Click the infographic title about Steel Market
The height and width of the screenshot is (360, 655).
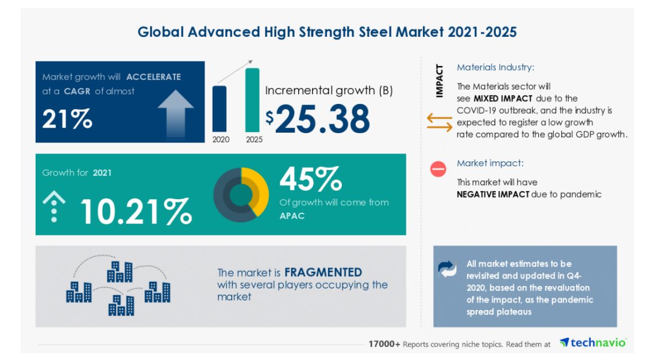327,32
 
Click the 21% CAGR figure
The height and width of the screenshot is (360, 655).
67,119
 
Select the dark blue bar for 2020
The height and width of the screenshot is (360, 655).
219,109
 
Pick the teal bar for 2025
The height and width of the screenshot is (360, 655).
252,100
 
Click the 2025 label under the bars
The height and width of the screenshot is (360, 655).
254,139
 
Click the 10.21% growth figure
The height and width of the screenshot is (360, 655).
136,211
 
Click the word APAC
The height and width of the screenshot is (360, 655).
292,216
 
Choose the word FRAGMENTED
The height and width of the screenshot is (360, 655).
323,272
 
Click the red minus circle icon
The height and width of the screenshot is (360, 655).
438,169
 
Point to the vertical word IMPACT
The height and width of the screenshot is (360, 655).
440,82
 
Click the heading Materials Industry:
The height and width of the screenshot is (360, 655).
495,67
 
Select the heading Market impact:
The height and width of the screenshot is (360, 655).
490,163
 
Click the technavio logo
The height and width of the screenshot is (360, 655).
592,343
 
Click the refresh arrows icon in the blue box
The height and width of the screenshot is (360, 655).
447,269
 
